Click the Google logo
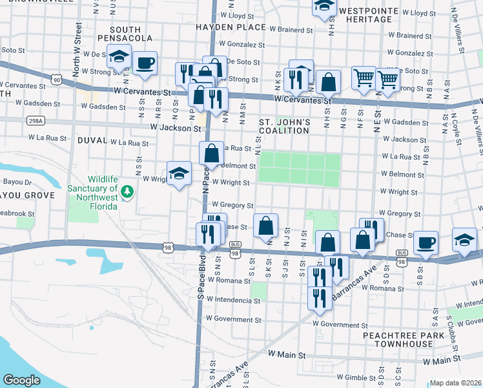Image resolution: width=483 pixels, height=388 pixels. point(21,380)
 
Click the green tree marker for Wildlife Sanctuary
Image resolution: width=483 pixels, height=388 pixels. point(128,191)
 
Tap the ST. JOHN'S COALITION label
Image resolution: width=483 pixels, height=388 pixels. point(285,126)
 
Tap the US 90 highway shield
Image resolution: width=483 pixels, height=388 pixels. point(57,80)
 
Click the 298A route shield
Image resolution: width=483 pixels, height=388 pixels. point(36,121)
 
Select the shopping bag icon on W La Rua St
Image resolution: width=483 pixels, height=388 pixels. point(211,154)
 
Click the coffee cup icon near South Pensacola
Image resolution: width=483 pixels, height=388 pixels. point(145,63)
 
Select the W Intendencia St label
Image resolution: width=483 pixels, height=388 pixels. point(233,301)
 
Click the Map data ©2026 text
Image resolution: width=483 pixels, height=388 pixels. point(456,383)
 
